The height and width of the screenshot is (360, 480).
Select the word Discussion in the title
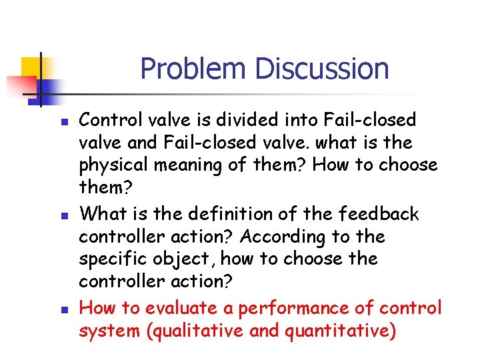tap(322, 69)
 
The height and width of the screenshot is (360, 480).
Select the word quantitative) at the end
tap(336, 331)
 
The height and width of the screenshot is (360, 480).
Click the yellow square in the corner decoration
tap(32, 67)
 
